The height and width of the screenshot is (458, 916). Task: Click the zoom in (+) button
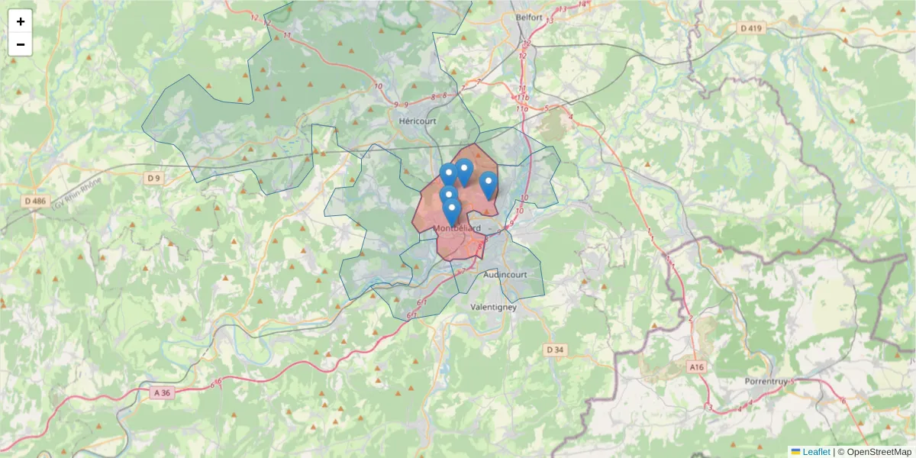pos(21,21)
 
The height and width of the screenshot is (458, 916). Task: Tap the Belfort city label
pos(528,16)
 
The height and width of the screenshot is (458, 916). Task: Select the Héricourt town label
pos(417,121)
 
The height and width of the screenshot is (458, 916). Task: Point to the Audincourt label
pos(505,274)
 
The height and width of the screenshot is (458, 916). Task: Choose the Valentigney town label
pos(493,307)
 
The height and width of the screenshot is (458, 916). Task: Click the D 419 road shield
pos(752,28)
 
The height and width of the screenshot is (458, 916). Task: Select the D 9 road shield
pos(154,178)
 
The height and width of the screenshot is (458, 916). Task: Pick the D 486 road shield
pos(35,202)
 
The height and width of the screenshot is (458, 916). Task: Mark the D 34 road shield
pos(555,350)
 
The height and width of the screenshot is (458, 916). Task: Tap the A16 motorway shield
pos(695,367)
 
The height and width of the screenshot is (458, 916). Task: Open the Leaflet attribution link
pos(815,452)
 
